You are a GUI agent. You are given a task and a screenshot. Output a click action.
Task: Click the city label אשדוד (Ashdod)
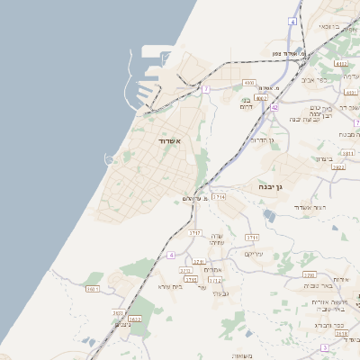[166, 142]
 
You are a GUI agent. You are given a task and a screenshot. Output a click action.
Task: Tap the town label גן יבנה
[270, 188]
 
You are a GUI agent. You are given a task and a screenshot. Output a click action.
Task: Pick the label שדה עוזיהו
[216, 238]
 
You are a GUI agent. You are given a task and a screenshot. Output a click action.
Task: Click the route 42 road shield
[273, 107]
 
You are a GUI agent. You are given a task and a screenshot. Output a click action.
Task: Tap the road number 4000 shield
[249, 83]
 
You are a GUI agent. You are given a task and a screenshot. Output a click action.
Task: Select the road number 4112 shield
[339, 65]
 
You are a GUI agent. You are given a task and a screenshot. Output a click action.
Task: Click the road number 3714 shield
[220, 195]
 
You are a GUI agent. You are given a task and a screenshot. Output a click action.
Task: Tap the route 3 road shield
[324, 347]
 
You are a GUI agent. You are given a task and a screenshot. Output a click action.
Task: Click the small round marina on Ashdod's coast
[109, 158]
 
